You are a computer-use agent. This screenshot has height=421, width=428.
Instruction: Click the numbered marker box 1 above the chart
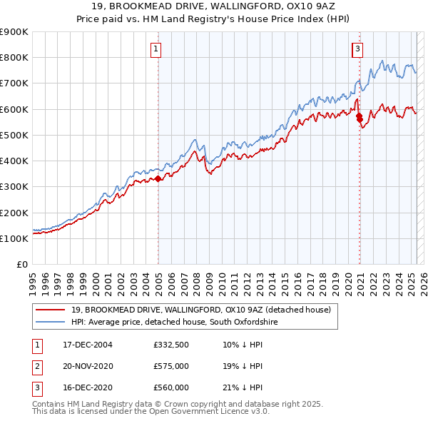(156, 49)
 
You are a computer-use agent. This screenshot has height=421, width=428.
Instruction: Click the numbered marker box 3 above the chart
(357, 49)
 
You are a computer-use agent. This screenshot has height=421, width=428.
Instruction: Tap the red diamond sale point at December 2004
(158, 179)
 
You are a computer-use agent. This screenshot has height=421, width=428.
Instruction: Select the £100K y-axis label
(16, 238)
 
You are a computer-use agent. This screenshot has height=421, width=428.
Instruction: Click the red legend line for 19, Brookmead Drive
(51, 310)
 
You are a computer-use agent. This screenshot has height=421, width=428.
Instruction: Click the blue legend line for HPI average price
(51, 322)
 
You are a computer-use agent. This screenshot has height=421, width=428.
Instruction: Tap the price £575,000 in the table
(171, 367)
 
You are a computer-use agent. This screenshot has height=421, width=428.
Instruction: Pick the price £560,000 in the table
(171, 387)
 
